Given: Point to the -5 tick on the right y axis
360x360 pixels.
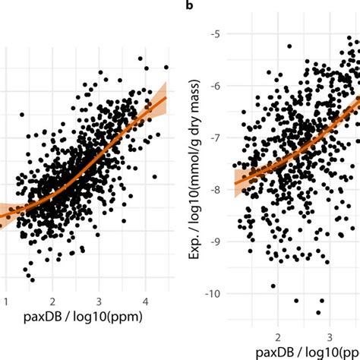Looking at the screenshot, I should (216, 34).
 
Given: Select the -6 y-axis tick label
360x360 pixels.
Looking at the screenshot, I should (216, 86).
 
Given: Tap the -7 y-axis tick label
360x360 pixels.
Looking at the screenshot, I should (216, 137).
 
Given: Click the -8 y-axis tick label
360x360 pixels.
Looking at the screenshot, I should (216, 190).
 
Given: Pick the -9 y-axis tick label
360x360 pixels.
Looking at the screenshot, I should (216, 242).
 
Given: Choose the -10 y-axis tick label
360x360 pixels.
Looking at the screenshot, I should (214, 293).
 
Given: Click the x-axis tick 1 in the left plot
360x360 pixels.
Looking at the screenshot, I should (6, 302).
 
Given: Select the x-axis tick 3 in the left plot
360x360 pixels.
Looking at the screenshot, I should (99, 302).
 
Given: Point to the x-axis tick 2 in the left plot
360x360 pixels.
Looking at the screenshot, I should (52, 302).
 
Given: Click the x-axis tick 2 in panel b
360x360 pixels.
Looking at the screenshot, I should (278, 335).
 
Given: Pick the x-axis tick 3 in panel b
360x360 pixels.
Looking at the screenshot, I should (330, 335).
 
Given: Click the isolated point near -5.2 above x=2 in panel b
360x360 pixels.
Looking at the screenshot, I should (289, 46).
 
